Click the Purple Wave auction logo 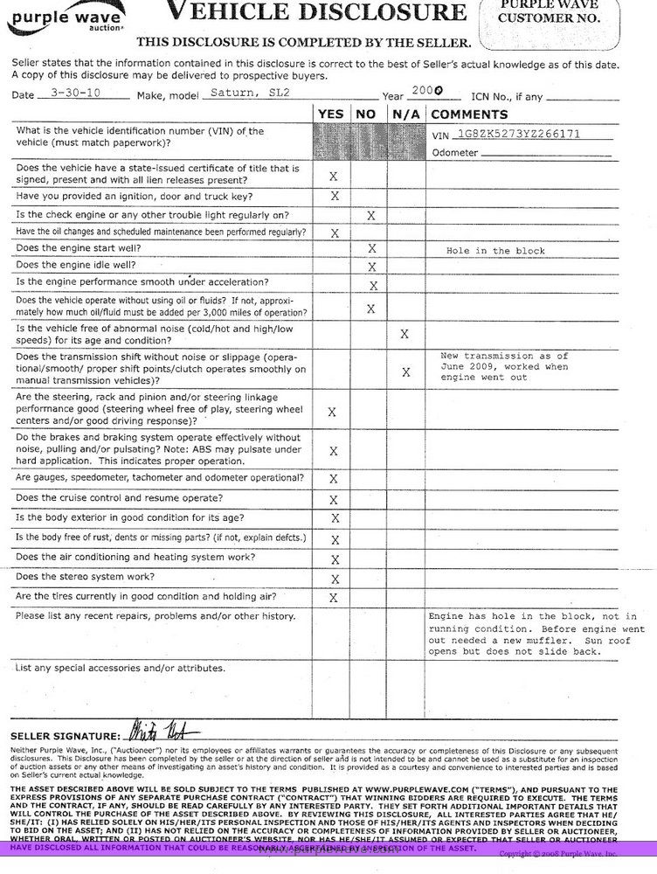(54, 17)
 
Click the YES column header (331, 114)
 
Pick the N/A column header (405, 114)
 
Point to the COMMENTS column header (468, 114)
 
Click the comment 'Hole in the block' (495, 251)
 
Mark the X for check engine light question (370, 215)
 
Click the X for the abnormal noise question (405, 334)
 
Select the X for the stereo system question (333, 579)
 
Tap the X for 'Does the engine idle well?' (371, 267)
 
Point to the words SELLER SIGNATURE (66, 734)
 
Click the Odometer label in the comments (454, 153)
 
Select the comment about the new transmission (504, 368)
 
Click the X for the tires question (333, 598)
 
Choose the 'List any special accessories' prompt (120, 669)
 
